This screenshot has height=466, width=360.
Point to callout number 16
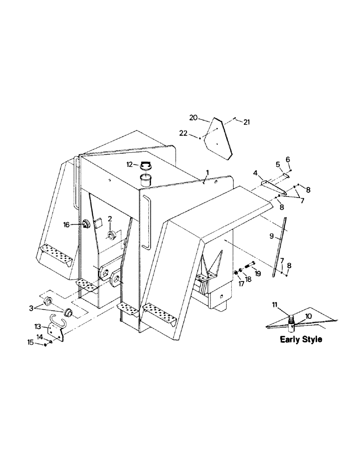(67, 225)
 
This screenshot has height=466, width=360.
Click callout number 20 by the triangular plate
(194, 117)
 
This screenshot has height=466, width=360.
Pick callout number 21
(247, 122)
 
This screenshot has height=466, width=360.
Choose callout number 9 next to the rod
(272, 236)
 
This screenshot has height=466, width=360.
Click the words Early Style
(301, 340)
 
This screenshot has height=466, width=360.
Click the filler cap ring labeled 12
(146, 165)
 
